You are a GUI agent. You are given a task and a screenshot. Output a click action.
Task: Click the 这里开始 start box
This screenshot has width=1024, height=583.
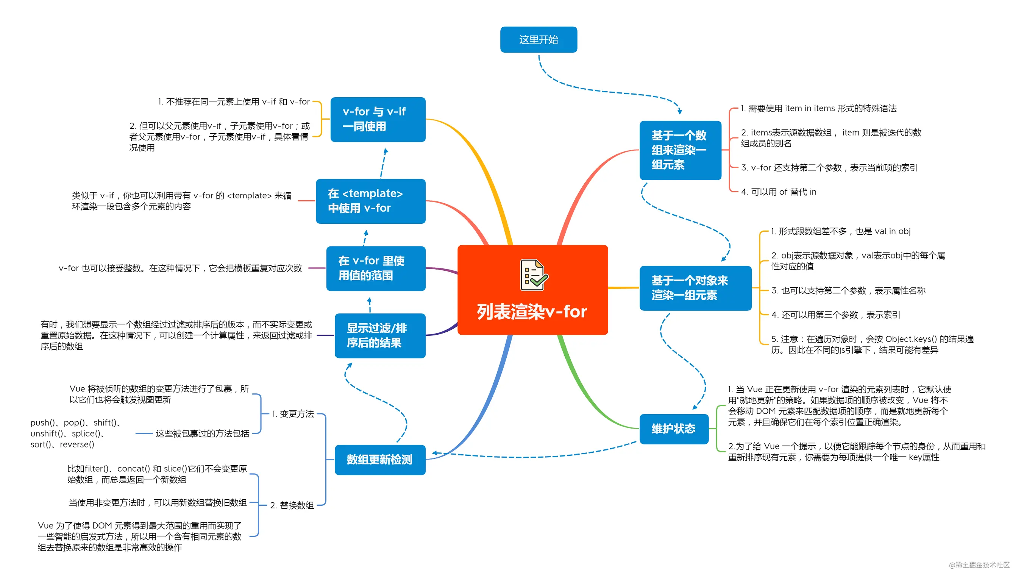pos(538,39)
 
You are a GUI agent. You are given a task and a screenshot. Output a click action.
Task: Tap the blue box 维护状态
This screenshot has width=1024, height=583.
pos(673,429)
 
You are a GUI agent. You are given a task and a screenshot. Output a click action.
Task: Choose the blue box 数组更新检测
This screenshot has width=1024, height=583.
pos(379,459)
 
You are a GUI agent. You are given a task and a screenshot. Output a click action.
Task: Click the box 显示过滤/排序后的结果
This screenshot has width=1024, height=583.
pos(379,335)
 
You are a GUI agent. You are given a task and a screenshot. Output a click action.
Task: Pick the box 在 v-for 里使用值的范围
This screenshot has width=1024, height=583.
pos(375,268)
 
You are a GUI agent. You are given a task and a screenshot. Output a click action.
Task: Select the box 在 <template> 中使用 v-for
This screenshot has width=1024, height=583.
pos(370,201)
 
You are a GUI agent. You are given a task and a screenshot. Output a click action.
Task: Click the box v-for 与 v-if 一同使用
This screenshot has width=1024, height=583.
pos(377,119)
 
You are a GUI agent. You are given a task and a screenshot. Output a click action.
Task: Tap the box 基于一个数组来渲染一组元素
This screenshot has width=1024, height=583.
pos(680,150)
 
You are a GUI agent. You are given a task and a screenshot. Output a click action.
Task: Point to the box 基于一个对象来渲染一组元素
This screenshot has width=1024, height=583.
pos(695,288)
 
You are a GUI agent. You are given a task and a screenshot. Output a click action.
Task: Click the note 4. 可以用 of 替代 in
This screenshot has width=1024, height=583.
pos(778,192)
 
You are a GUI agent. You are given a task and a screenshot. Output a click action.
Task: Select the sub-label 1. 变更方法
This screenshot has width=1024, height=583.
pos(293,414)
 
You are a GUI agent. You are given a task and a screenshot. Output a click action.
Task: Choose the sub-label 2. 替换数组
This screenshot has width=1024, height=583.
pos(292,505)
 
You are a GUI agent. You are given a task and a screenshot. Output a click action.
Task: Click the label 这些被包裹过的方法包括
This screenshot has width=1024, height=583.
pos(202,433)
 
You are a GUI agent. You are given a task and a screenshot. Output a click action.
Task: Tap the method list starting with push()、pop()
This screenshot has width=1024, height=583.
pos(76,433)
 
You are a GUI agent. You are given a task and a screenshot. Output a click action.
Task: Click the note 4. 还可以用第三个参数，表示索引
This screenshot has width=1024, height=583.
pos(835,315)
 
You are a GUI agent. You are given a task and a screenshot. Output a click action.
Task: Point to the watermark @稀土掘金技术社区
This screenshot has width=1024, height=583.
pos(979,564)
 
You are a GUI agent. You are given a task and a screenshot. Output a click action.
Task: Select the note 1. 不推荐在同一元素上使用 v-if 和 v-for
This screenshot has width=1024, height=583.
pos(234,102)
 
